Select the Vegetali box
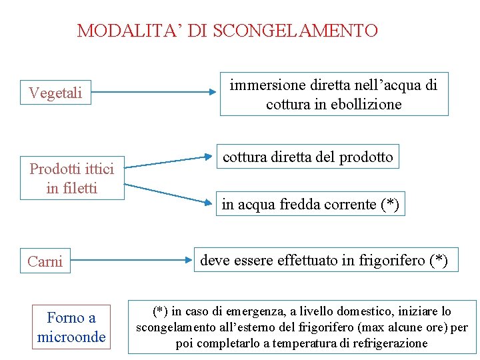[55, 93]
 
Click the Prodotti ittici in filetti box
[71, 179]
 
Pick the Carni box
[45, 261]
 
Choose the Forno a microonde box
[71, 327]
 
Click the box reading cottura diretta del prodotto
[307, 157]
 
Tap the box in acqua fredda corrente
[310, 204]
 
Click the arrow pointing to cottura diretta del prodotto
[167, 162]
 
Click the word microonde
[71, 337]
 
